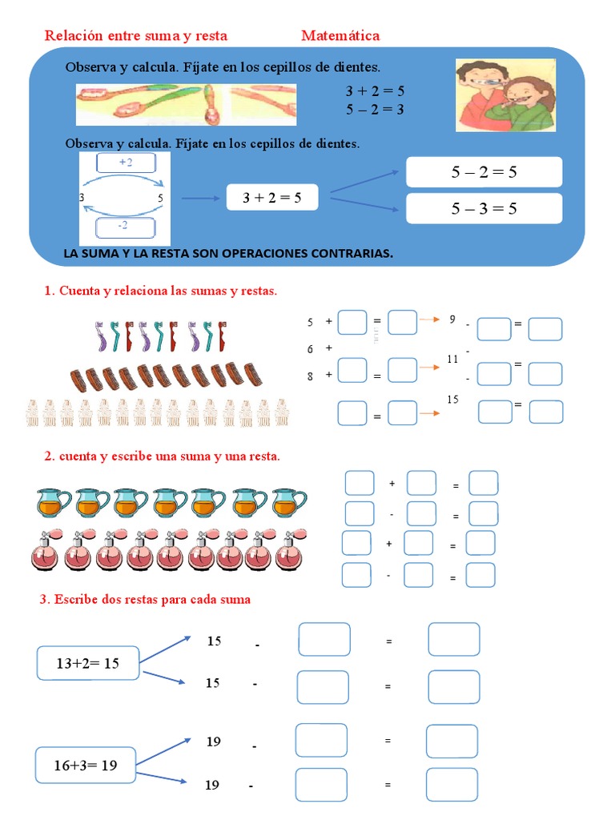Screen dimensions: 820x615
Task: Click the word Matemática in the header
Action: tap(340, 35)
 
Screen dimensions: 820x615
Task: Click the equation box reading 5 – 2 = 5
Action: tap(484, 172)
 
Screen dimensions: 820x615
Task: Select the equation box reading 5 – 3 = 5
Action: tap(484, 208)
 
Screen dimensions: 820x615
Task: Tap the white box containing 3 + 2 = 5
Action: tap(271, 198)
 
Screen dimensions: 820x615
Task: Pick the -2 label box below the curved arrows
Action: tap(123, 227)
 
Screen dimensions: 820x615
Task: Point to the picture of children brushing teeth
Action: tap(505, 94)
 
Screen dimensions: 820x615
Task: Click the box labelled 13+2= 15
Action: tap(88, 663)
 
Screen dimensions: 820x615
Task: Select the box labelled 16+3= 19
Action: tap(86, 765)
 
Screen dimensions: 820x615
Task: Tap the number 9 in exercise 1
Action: tap(452, 320)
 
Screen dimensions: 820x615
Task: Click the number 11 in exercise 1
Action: tap(452, 359)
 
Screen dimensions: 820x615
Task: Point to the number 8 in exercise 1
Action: tap(310, 376)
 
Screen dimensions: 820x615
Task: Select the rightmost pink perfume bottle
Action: tap(288, 549)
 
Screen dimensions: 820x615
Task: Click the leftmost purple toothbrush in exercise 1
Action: tap(101, 336)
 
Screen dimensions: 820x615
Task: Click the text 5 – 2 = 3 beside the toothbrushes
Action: tap(375, 109)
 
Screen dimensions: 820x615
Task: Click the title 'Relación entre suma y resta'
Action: tap(136, 35)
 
